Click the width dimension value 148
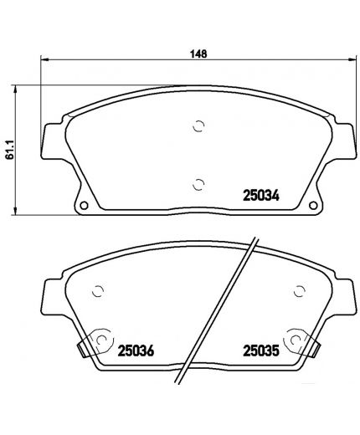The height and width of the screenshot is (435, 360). (x=198, y=54)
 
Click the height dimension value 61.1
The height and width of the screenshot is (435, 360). (x=10, y=149)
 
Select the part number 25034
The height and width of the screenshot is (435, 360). (x=260, y=193)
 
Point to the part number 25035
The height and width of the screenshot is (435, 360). (x=260, y=351)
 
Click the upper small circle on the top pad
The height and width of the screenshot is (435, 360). (x=198, y=127)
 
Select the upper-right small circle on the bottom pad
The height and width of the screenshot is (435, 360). (x=297, y=291)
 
